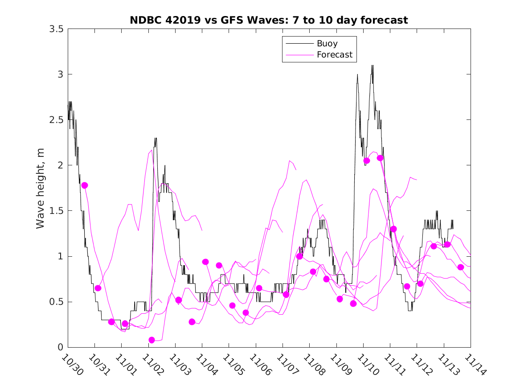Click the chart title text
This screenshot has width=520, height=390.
pos(269,20)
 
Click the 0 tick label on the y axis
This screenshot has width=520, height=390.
pos(60,347)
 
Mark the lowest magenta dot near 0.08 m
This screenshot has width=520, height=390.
pos(151,340)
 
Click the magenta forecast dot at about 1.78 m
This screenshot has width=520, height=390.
pos(85,185)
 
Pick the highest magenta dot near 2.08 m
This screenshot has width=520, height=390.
pos(380,158)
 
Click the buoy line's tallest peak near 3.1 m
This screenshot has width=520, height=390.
pos(372,66)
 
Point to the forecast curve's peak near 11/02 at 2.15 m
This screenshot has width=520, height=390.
pos(151,150)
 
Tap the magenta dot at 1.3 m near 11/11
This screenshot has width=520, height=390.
pos(393,229)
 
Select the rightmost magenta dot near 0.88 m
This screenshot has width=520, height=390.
pos(461,267)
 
